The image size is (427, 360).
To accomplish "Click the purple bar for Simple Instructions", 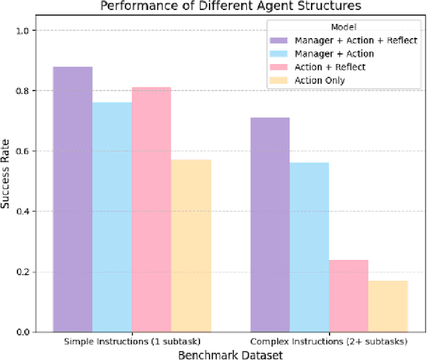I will (73, 199).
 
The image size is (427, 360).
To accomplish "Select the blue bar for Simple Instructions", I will (112, 217).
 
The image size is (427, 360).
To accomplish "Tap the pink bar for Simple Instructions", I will (151, 209).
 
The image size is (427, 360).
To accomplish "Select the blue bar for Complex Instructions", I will (309, 247).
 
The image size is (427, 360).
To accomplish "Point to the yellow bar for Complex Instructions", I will (388, 306).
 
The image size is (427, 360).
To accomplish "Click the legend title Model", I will (342, 27).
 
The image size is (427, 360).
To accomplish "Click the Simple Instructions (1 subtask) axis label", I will (132, 341).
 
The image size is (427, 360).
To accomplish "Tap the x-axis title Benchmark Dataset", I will (230, 355).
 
